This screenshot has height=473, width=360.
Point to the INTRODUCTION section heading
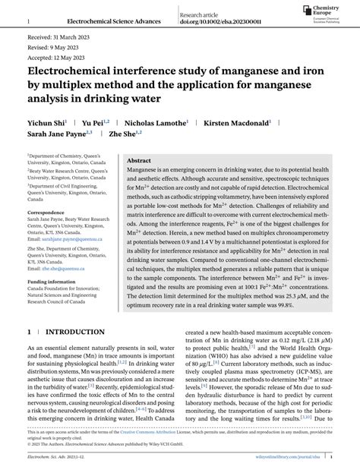point(77,332)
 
